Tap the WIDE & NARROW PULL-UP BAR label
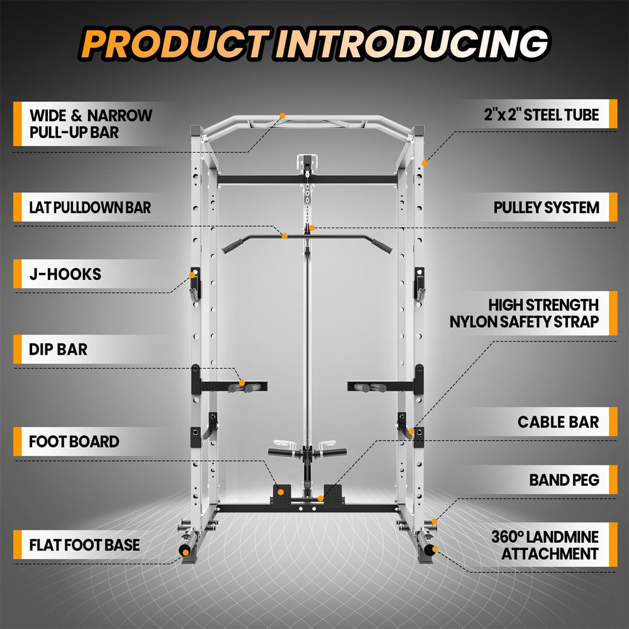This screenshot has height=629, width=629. [x=91, y=124]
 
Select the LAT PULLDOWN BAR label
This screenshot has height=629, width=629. [x=90, y=207]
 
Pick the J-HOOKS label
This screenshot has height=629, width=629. [x=65, y=274]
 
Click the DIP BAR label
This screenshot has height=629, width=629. [x=58, y=350]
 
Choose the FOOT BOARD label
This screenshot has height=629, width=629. [x=74, y=441]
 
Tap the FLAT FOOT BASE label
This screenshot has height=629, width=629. [x=84, y=544]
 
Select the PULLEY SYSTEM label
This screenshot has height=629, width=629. [x=546, y=207]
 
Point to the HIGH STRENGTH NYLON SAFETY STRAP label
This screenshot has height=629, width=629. [x=524, y=313]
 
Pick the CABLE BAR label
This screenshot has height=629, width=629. [x=558, y=421]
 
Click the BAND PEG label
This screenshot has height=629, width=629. [x=564, y=481]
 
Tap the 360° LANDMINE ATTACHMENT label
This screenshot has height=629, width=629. [x=544, y=545]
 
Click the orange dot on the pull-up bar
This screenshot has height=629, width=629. [x=282, y=116]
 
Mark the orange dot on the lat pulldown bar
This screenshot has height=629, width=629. [x=285, y=236]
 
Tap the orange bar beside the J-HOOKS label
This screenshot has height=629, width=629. [x=17, y=274]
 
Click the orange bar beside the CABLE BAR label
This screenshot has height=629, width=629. [x=612, y=421]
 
